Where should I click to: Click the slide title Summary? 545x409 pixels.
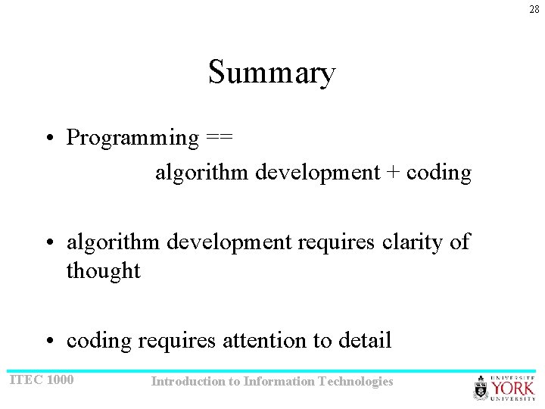(x=272, y=73)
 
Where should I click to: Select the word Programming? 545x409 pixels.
(x=132, y=138)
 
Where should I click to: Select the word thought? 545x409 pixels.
(x=104, y=270)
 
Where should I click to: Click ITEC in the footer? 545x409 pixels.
(x=25, y=379)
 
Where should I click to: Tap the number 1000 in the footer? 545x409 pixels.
(x=61, y=379)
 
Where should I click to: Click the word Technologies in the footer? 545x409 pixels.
(x=357, y=382)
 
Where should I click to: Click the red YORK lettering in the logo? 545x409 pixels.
(x=513, y=389)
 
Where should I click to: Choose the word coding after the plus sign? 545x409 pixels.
(x=439, y=173)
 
